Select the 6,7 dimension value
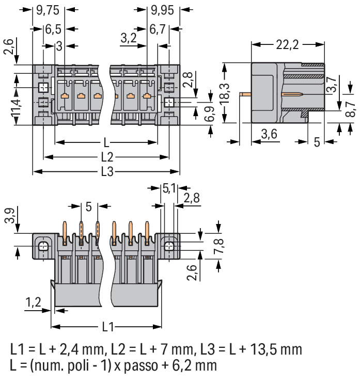coord(159,29)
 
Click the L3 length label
coord(107,172)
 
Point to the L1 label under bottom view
coord(107,327)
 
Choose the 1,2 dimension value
coord(33,302)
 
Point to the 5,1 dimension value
coord(169,188)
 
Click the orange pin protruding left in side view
coord(245,94)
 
